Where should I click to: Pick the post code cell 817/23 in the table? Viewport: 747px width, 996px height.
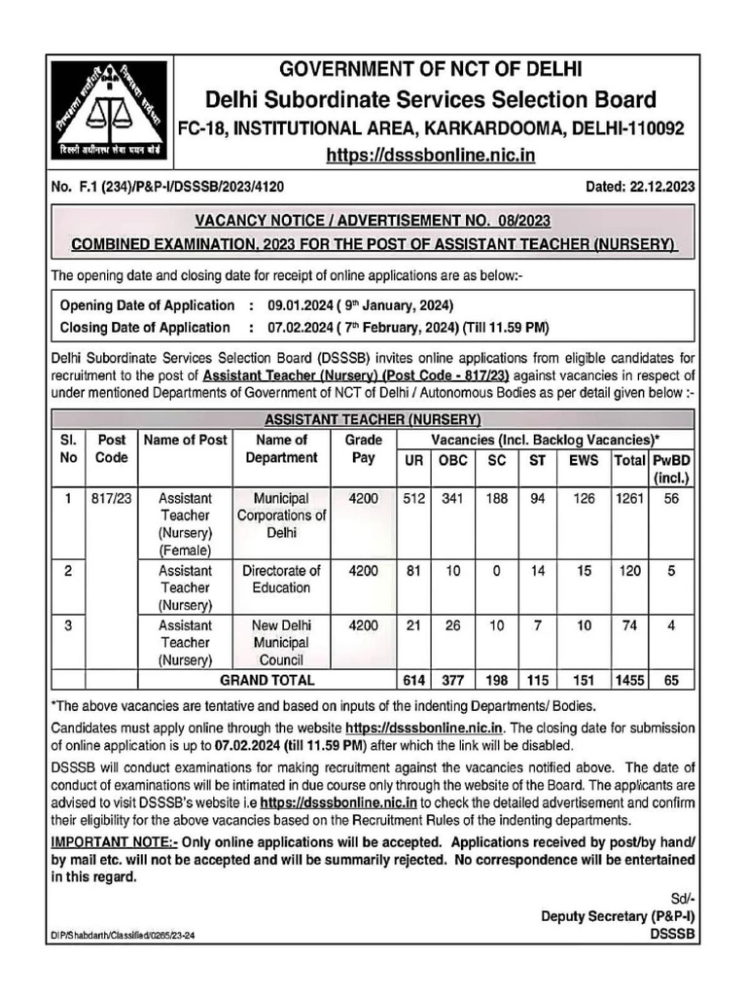[x=110, y=497]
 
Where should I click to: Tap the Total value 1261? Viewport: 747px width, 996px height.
[x=630, y=497]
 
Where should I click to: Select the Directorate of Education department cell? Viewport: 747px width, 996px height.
[x=281, y=579]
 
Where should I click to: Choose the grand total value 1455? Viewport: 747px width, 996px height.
[x=630, y=680]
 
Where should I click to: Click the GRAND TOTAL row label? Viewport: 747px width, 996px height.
[x=267, y=680]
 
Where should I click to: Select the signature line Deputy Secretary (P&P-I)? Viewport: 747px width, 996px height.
[x=619, y=916]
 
